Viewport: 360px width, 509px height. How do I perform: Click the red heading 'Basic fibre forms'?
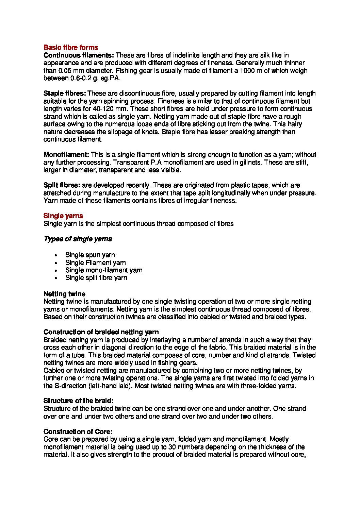coord(70,48)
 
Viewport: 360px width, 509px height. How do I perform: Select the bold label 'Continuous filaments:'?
coord(79,55)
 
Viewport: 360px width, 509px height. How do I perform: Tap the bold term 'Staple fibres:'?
coord(65,94)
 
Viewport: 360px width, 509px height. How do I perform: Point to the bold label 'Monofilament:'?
coord(66,155)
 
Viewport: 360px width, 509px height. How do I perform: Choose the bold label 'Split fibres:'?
coord(62,185)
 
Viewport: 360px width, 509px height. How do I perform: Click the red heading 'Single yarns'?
coord(63,216)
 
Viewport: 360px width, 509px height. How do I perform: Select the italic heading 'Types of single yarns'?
coord(78,239)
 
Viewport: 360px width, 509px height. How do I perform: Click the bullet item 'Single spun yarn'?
coord(90,255)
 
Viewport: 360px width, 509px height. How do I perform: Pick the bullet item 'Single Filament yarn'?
coord(95,263)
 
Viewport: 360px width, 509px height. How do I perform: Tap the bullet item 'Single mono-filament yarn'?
coord(103,270)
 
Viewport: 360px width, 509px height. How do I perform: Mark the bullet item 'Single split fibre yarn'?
coord(96,278)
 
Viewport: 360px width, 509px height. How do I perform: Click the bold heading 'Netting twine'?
coord(64,294)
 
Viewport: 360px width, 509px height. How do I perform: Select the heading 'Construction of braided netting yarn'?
coord(101,332)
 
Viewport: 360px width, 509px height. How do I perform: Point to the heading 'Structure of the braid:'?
coord(78,401)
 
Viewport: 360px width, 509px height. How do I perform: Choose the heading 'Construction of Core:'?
coord(78,432)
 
